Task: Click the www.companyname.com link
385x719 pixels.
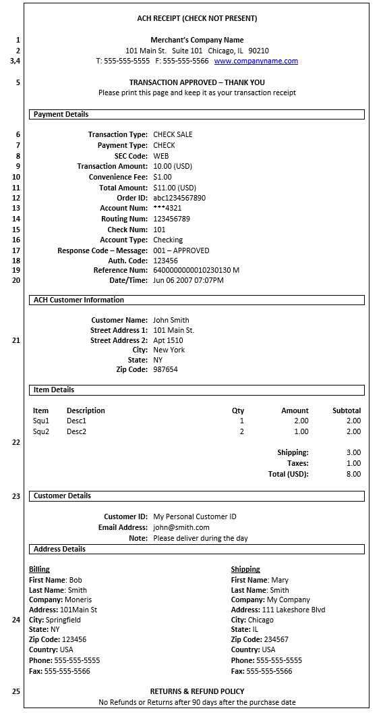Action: [x=256, y=61]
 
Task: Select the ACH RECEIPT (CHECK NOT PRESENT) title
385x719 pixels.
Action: [x=197, y=18]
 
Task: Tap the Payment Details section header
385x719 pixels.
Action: [x=61, y=114]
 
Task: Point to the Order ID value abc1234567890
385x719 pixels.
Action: [x=179, y=198]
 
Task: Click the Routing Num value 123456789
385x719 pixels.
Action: [x=171, y=219]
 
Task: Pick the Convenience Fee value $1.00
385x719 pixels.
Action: [x=162, y=177]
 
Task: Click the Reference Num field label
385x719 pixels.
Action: [x=120, y=270]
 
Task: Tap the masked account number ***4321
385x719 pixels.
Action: [x=167, y=209]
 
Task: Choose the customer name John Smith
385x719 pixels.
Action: [x=171, y=320]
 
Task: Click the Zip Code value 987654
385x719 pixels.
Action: [x=165, y=369]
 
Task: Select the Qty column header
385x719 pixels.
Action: [x=238, y=410]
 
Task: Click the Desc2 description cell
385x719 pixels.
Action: [x=76, y=431]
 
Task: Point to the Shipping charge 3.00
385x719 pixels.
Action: [x=353, y=452]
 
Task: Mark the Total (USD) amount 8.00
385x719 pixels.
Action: [x=353, y=474]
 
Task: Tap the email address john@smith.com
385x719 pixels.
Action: [x=181, y=527]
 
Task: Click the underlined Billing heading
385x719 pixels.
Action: [x=39, y=569]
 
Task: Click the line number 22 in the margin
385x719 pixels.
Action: [x=16, y=442]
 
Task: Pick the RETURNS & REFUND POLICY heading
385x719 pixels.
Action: [x=197, y=691]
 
